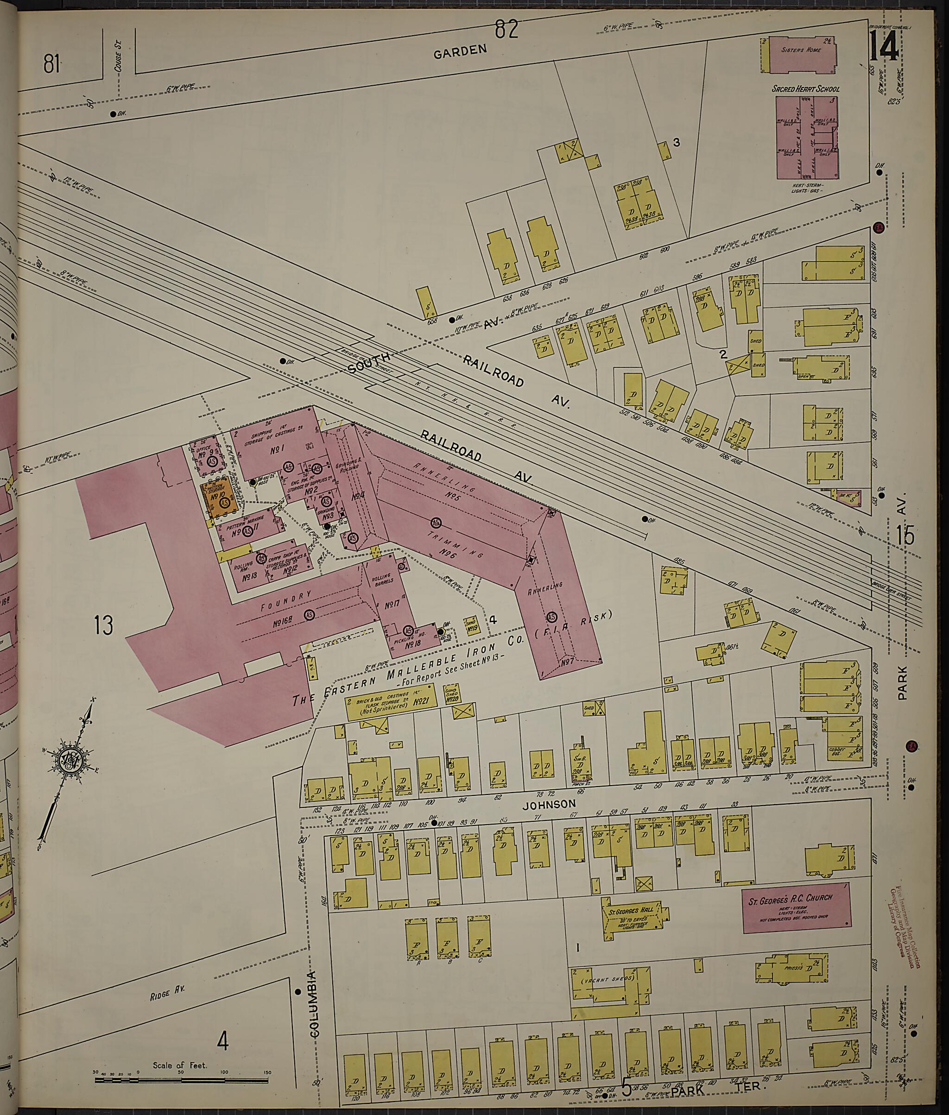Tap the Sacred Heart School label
coord(805,89)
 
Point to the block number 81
coord(51,65)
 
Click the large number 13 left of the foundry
coord(103,625)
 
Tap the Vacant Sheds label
coord(608,979)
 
